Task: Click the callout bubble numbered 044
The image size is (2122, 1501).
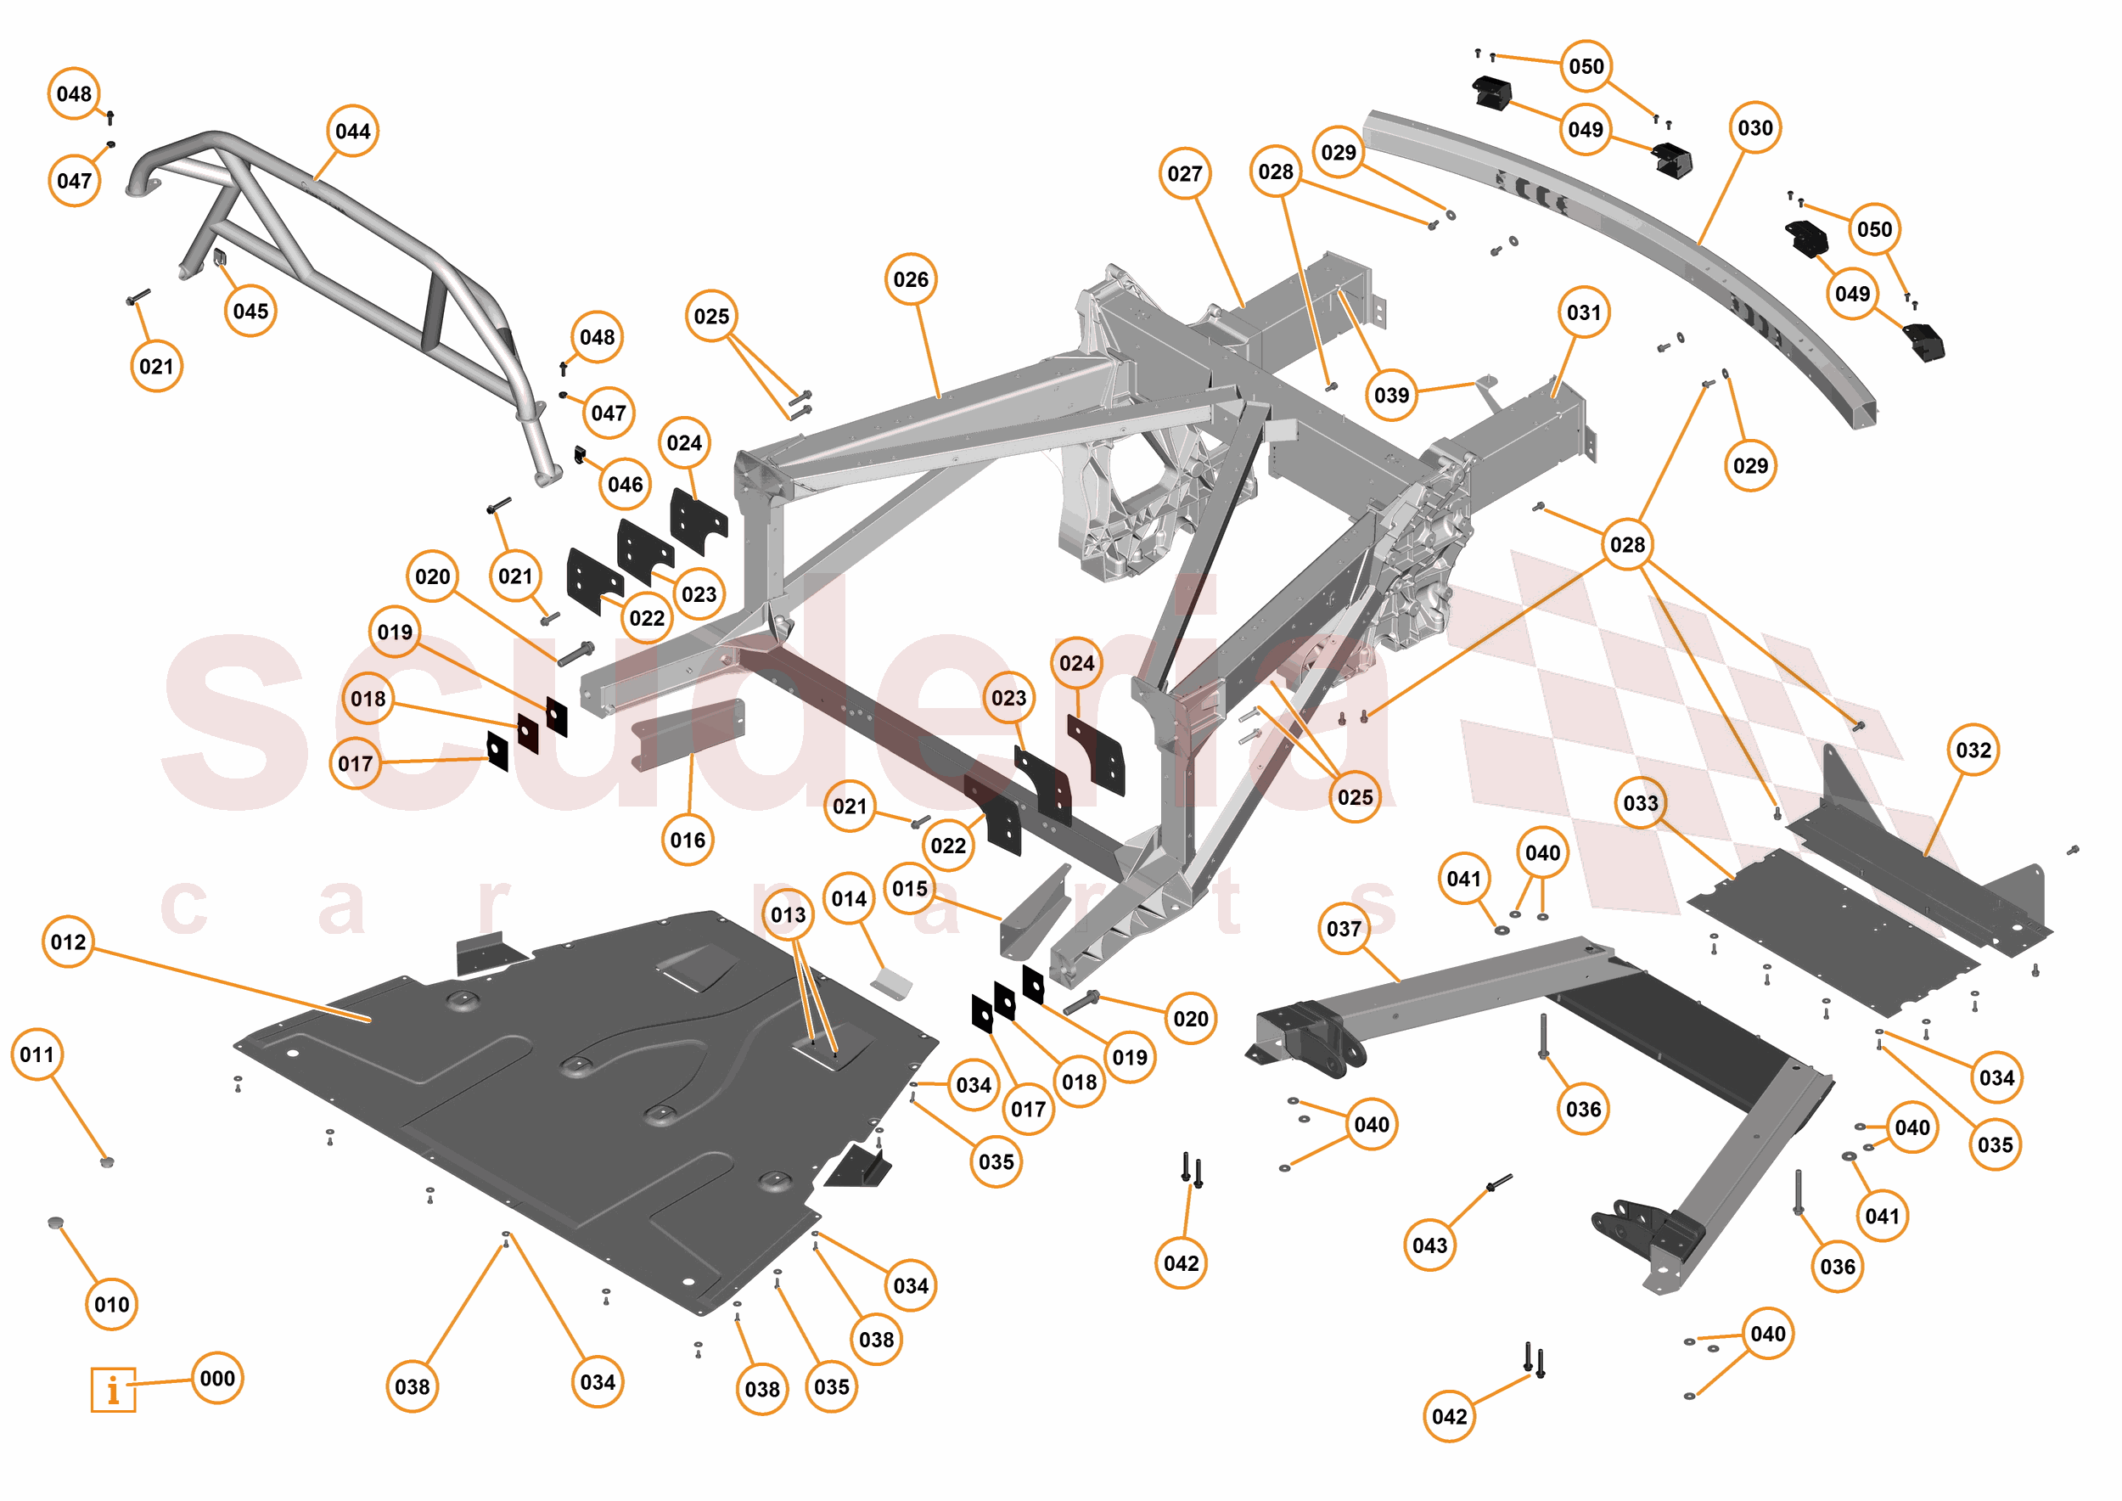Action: click(x=352, y=132)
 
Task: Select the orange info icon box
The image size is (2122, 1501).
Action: click(x=113, y=1389)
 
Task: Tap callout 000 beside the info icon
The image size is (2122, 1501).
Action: click(x=217, y=1378)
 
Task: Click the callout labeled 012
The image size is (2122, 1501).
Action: click(x=69, y=942)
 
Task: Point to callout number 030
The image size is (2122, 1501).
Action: click(x=1755, y=127)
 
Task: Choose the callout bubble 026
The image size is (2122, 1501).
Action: click(x=911, y=279)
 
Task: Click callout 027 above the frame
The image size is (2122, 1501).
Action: click(x=1184, y=174)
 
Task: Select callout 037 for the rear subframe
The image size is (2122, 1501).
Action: click(x=1344, y=928)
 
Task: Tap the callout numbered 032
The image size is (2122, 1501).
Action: click(x=1973, y=750)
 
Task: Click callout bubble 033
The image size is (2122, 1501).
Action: click(x=1641, y=803)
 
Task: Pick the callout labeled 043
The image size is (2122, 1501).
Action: click(x=1429, y=1245)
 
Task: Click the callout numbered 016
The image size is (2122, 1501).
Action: click(x=688, y=840)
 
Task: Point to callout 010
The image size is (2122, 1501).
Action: click(x=112, y=1304)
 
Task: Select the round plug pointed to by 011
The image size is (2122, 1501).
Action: click(x=107, y=1161)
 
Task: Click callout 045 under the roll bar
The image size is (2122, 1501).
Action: click(x=250, y=311)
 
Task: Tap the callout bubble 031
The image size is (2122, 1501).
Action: click(x=1583, y=312)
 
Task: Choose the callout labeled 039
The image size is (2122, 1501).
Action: click(x=1391, y=396)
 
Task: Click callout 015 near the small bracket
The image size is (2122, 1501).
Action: click(x=909, y=888)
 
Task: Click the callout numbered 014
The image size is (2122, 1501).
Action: click(x=849, y=898)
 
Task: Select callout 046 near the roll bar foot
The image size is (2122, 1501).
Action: click(x=625, y=484)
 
